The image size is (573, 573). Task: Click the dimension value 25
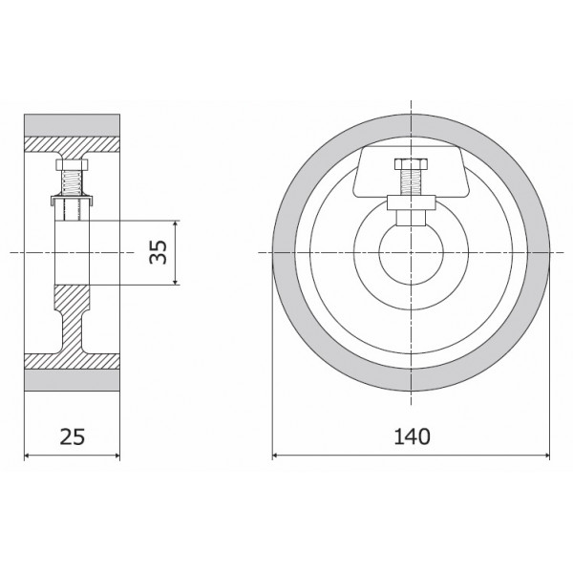pos(73,437)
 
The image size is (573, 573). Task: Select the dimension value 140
pos(411,437)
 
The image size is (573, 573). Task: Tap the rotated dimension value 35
pos(159,252)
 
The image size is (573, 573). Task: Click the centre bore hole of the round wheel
pos(411,252)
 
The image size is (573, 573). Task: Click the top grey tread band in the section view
pos(73,125)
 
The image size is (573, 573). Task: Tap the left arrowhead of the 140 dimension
pos(277,455)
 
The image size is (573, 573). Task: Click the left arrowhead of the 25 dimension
pos(29,455)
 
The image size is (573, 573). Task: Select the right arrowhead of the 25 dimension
pos(117,455)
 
